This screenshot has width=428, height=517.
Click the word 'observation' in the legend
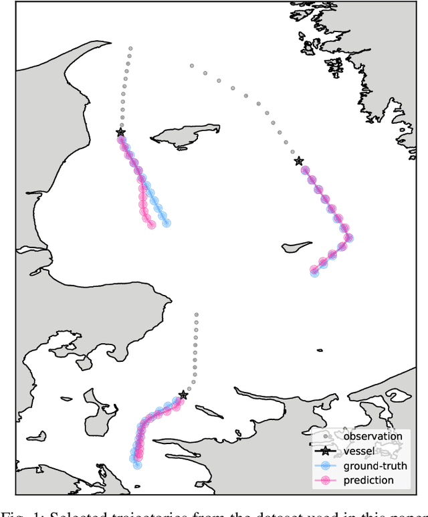click(x=372, y=436)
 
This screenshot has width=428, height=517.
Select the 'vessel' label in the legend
click(x=358, y=451)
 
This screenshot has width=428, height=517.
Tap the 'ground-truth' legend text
click(x=375, y=466)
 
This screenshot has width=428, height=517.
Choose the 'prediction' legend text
click(x=368, y=480)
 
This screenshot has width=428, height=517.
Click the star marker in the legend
click(x=326, y=451)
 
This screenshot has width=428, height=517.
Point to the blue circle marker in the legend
click(x=326, y=466)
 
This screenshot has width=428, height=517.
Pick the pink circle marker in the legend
click(x=326, y=481)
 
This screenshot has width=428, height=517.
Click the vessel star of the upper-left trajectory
click(x=120, y=132)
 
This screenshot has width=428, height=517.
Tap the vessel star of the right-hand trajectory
click(x=298, y=161)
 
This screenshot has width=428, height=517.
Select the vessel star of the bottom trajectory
click(x=183, y=395)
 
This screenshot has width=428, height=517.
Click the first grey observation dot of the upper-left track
click(x=130, y=48)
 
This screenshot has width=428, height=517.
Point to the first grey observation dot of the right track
click(x=192, y=66)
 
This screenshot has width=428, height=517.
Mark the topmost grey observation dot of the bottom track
click(x=196, y=313)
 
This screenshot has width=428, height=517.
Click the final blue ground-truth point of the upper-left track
click(x=166, y=223)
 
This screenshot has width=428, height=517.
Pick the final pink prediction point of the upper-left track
click(x=152, y=225)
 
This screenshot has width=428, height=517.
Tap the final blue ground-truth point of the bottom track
click(x=137, y=463)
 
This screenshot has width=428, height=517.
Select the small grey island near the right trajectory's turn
click(x=296, y=247)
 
